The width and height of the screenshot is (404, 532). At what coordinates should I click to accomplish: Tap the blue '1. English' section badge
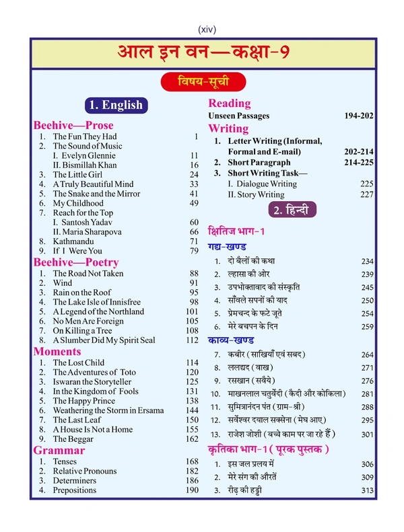(116, 104)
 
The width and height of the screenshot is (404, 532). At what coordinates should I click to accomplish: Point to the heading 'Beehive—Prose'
(73, 125)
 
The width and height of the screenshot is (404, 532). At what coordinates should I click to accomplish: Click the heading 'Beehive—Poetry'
(76, 262)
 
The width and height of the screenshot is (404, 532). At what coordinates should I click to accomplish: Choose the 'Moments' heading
(57, 351)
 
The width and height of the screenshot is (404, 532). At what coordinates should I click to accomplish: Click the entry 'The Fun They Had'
(84, 137)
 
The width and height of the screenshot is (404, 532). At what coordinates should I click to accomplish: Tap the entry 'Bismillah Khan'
(92, 165)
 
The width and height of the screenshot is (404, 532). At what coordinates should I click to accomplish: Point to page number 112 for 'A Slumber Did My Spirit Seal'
(192, 340)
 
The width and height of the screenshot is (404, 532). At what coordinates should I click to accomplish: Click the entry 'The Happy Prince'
(83, 401)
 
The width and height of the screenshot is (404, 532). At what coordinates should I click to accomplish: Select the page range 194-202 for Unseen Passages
(358, 116)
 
